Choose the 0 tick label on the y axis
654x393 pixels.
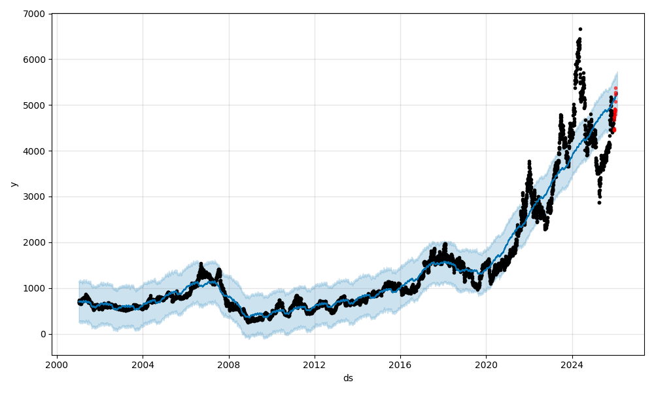tap(43, 335)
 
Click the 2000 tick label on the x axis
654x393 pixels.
tap(57, 365)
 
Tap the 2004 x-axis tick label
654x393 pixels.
tap(143, 365)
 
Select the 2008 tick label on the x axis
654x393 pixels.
tap(229, 365)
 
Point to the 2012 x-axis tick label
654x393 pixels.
tap(315, 365)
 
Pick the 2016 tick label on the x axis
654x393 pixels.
tap(400, 365)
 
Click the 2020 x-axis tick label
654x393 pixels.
tap(487, 365)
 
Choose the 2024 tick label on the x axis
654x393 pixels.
tap(572, 365)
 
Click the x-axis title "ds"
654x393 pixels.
tap(348, 378)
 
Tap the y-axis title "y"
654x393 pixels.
tap(13, 184)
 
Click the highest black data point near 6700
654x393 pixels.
tap(580, 29)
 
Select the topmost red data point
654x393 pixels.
tap(615, 88)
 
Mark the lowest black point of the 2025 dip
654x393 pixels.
tap(599, 202)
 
